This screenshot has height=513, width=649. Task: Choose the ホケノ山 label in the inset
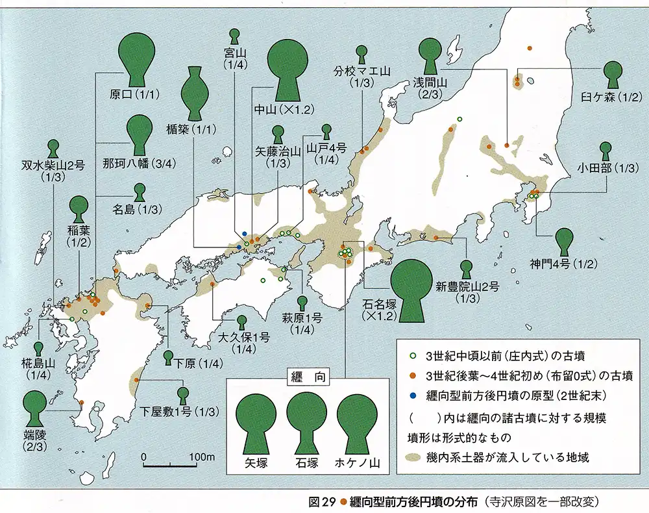click(x=363, y=464)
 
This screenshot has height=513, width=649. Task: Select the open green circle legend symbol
click(x=412, y=357)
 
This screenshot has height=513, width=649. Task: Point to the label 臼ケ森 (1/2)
click(x=603, y=97)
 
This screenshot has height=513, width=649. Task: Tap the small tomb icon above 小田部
click(x=606, y=151)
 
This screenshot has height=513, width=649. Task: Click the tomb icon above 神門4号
click(x=563, y=242)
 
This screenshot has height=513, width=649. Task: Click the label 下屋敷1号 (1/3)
click(x=180, y=411)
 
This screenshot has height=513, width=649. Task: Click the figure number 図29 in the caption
click(x=322, y=501)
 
